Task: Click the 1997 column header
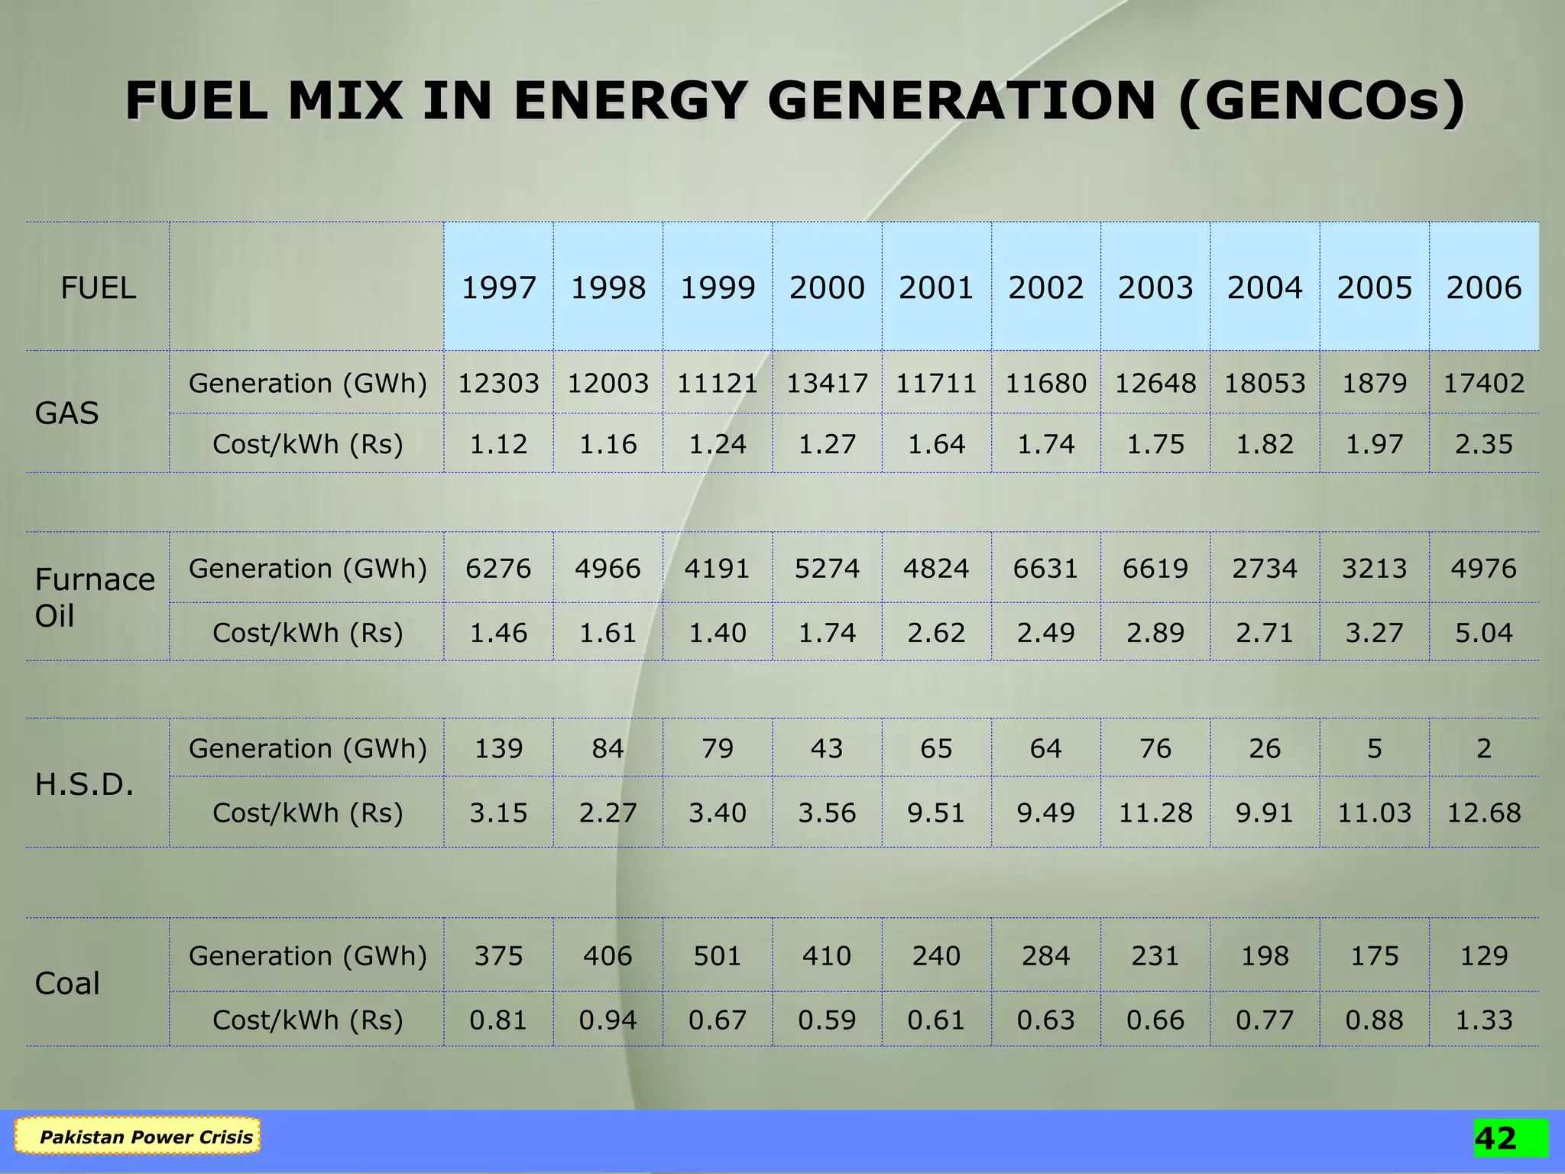498,288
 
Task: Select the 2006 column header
1483,288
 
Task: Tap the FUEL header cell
98,288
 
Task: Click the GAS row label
67,413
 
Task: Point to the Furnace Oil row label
94,597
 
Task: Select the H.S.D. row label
84,784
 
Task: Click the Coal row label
67,984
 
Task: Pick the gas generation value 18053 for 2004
1265,383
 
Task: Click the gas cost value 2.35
1483,444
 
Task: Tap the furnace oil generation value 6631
1045,569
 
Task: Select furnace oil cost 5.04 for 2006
1483,633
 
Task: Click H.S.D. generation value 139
498,748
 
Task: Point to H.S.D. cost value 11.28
1155,812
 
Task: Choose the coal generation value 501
718,956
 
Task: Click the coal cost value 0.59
827,1020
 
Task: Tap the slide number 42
1495,1138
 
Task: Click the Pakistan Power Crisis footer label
145,1137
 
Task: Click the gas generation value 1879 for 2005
1374,383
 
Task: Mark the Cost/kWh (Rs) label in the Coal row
307,1020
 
